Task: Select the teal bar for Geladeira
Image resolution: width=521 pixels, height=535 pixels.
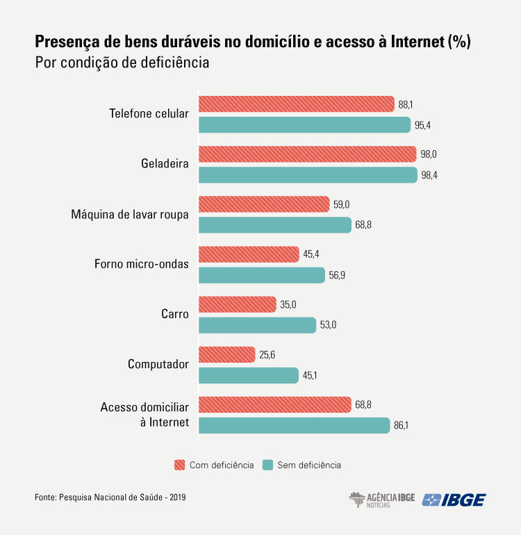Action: point(308,175)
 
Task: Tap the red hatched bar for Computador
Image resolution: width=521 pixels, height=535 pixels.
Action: point(227,354)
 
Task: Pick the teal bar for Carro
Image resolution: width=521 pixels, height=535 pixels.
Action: point(257,325)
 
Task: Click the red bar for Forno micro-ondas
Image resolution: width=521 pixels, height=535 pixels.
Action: point(249,254)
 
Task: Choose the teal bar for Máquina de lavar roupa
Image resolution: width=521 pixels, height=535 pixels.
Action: point(275,225)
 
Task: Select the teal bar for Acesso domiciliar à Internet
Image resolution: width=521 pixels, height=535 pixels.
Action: point(295,425)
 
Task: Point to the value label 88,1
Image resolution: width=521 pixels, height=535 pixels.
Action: point(406,104)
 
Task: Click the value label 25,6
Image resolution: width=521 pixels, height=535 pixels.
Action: point(267,354)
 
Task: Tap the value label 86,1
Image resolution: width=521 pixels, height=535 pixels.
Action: point(401,425)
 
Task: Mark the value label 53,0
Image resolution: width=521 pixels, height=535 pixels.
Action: point(328,325)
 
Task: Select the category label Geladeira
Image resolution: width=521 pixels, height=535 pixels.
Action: point(164,164)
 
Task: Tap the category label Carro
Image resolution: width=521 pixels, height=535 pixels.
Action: point(174,314)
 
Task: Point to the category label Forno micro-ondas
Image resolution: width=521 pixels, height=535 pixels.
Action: point(141,264)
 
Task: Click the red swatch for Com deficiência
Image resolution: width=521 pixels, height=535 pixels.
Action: point(179,465)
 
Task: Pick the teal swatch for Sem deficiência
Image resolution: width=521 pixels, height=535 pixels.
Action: point(266,465)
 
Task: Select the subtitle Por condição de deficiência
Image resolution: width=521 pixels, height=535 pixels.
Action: point(122,63)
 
